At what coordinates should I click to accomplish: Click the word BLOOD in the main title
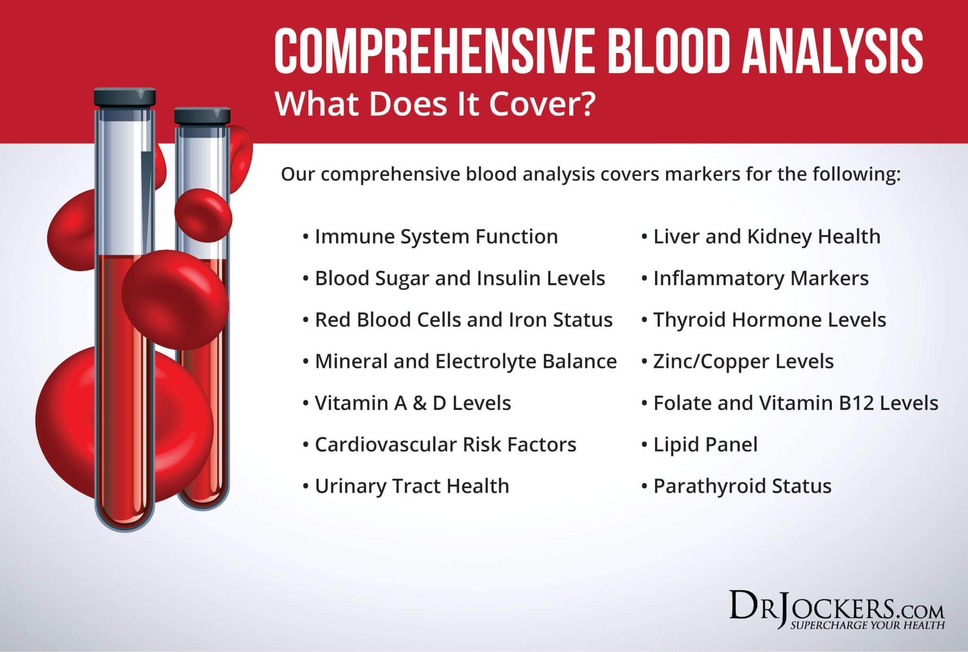pos(670,51)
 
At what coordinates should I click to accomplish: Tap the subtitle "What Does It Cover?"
pos(435,104)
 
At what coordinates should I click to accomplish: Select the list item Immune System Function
pos(436,236)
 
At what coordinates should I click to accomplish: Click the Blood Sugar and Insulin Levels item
pos(459,278)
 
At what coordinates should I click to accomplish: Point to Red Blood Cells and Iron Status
pos(463,320)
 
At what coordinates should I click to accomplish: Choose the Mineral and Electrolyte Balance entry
pos(466,361)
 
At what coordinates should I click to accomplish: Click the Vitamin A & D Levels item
pos(413,403)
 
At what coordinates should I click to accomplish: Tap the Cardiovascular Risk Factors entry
pos(445,444)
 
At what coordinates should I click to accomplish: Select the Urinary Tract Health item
pos(412,486)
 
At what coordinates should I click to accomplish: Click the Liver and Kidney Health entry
pos(766,236)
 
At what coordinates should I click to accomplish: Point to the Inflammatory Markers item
pos(761,278)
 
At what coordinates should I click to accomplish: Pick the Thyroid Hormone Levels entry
pos(769,320)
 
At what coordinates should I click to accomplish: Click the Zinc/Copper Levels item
pos(743,361)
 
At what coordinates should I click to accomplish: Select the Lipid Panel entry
pos(705,444)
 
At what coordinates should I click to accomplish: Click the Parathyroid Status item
pos(742,486)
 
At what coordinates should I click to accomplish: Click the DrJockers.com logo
pos(837,610)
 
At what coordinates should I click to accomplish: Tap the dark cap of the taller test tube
pos(125,97)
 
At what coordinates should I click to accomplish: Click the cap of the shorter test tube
pos(202,116)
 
